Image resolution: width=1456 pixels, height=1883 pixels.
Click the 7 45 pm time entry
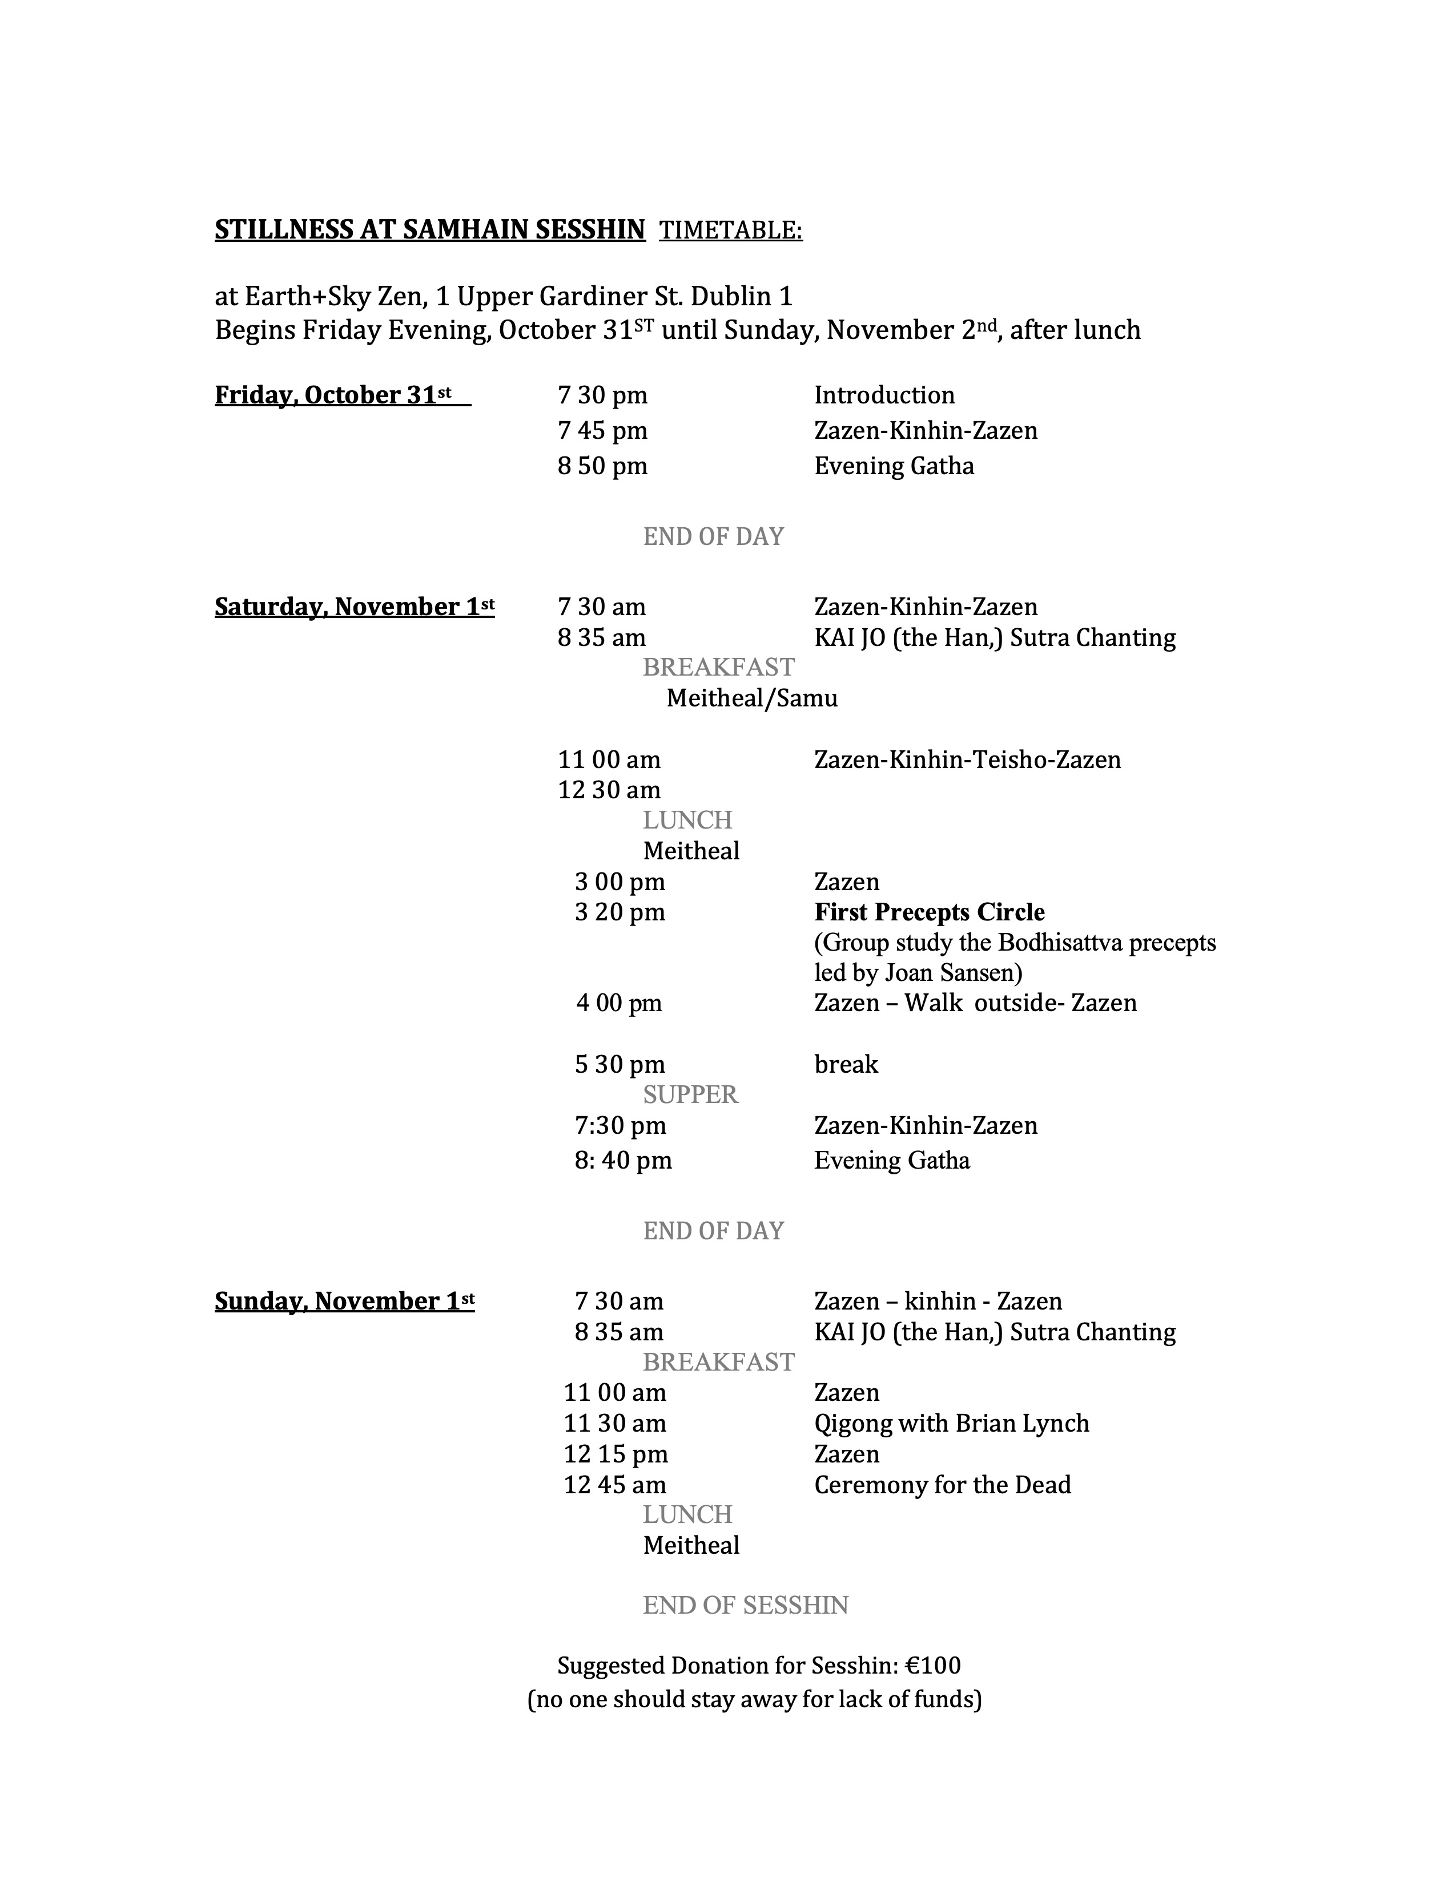tap(602, 430)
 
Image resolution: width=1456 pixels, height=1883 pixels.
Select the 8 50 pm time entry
tap(602, 466)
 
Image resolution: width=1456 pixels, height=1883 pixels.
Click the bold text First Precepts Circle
tap(929, 912)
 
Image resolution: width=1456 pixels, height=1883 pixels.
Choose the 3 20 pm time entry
tap(620, 912)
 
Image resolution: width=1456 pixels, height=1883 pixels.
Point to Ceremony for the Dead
tap(942, 1485)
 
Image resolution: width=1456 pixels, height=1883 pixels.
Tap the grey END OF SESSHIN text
tap(745, 1605)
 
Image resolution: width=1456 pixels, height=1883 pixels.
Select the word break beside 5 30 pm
tap(845, 1064)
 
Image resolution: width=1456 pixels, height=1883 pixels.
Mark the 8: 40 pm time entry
tap(623, 1161)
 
